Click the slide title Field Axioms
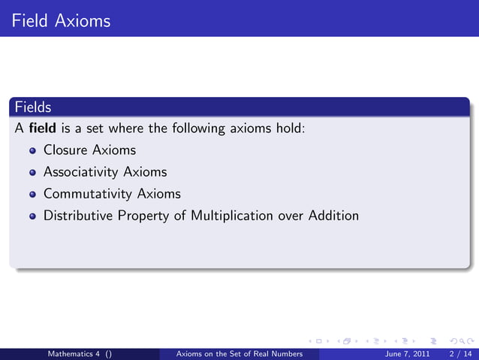pyautogui.click(x=61, y=20)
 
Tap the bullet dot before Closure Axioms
pyautogui.click(x=32, y=151)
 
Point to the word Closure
pyautogui.click(x=65, y=150)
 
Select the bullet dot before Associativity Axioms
pyautogui.click(x=32, y=173)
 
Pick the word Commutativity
pyautogui.click(x=89, y=194)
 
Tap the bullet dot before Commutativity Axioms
pyautogui.click(x=32, y=195)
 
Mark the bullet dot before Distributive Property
pyautogui.click(x=32, y=216)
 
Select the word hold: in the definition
pyautogui.click(x=288, y=129)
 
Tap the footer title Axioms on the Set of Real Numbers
pyautogui.click(x=238, y=353)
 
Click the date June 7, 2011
pyautogui.click(x=408, y=353)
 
